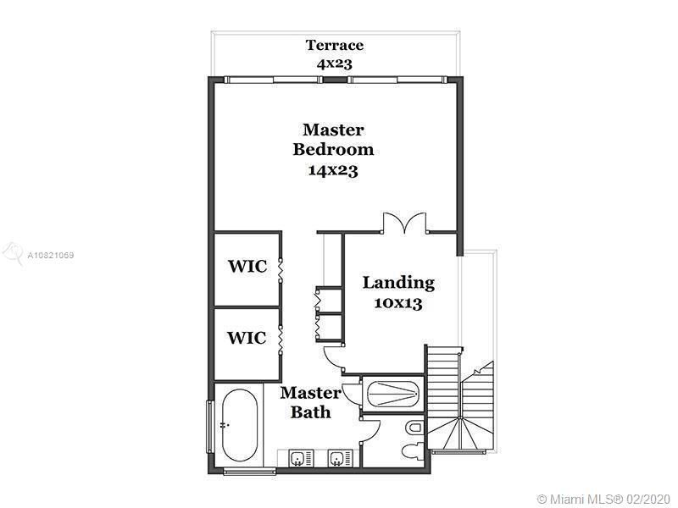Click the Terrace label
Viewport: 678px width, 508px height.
click(x=335, y=45)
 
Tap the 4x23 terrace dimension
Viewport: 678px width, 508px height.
click(x=335, y=63)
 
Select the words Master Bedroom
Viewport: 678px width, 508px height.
click(x=333, y=139)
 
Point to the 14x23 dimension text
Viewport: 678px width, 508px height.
click(x=333, y=170)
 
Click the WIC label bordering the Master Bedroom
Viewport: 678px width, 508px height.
click(x=247, y=266)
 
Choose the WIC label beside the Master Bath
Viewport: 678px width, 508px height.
click(x=247, y=337)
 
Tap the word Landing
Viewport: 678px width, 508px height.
click(x=398, y=283)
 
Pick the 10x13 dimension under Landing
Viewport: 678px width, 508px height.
click(x=398, y=303)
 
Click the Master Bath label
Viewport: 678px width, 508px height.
click(x=311, y=402)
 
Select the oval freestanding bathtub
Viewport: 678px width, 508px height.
click(x=240, y=426)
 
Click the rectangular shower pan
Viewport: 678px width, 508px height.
click(x=393, y=394)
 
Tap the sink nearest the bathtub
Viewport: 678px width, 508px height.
click(x=298, y=458)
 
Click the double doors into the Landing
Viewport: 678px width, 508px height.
click(x=404, y=223)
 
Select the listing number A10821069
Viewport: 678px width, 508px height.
click(x=51, y=256)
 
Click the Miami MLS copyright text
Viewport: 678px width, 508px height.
click(x=603, y=499)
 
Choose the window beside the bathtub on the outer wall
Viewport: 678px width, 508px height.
click(x=209, y=427)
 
